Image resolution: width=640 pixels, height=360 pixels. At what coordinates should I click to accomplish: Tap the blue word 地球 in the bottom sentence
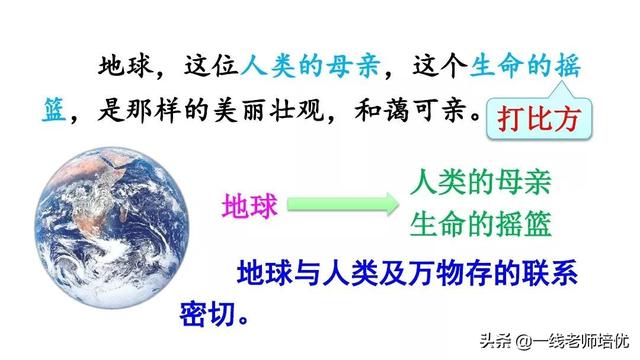(x=262, y=273)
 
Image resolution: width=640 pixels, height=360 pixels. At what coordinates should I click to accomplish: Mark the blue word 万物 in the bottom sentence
(x=431, y=273)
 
